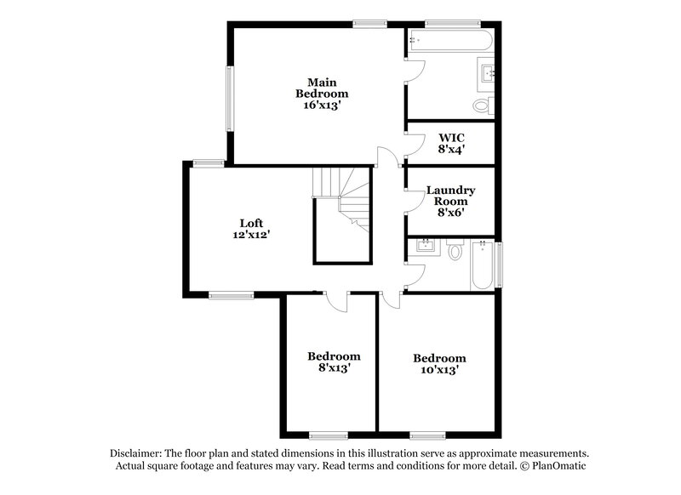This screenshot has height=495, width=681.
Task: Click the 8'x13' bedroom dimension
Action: point(334,368)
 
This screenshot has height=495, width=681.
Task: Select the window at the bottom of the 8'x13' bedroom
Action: point(328,435)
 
